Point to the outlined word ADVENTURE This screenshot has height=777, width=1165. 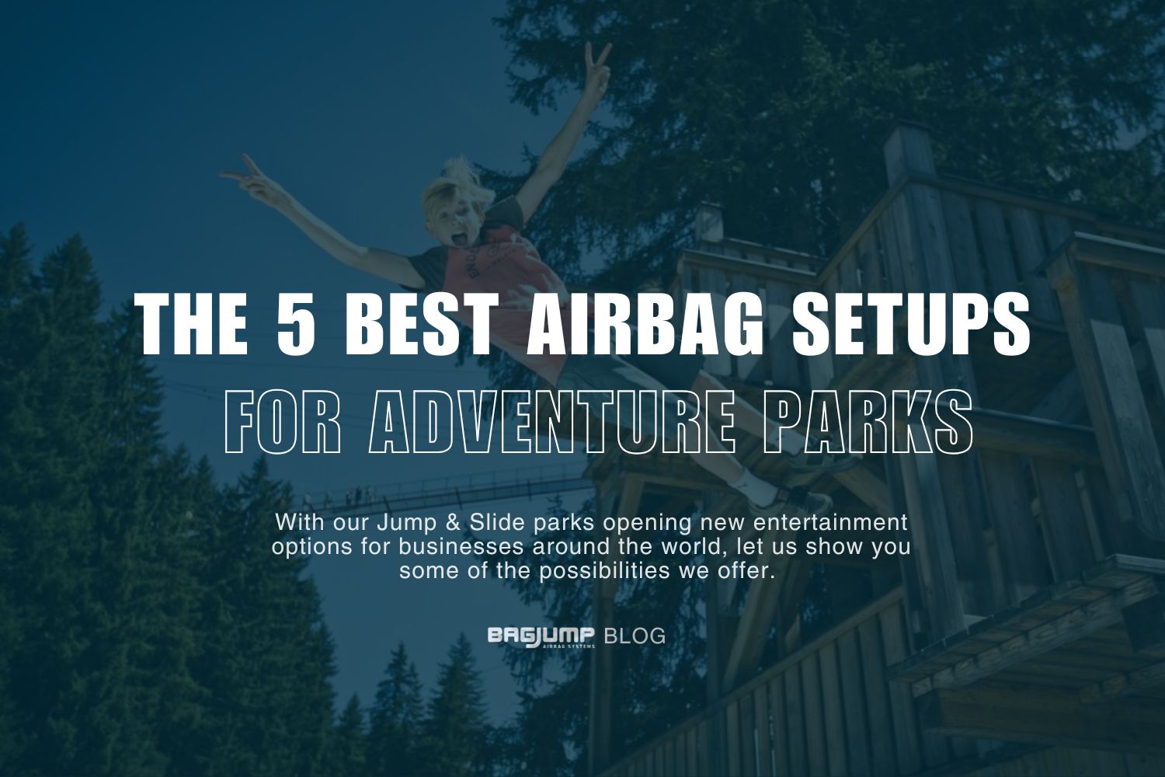tap(552, 423)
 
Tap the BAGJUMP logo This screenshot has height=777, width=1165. tap(541, 636)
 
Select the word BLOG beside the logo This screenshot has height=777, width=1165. tap(635, 636)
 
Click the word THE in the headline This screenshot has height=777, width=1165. tap(193, 322)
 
